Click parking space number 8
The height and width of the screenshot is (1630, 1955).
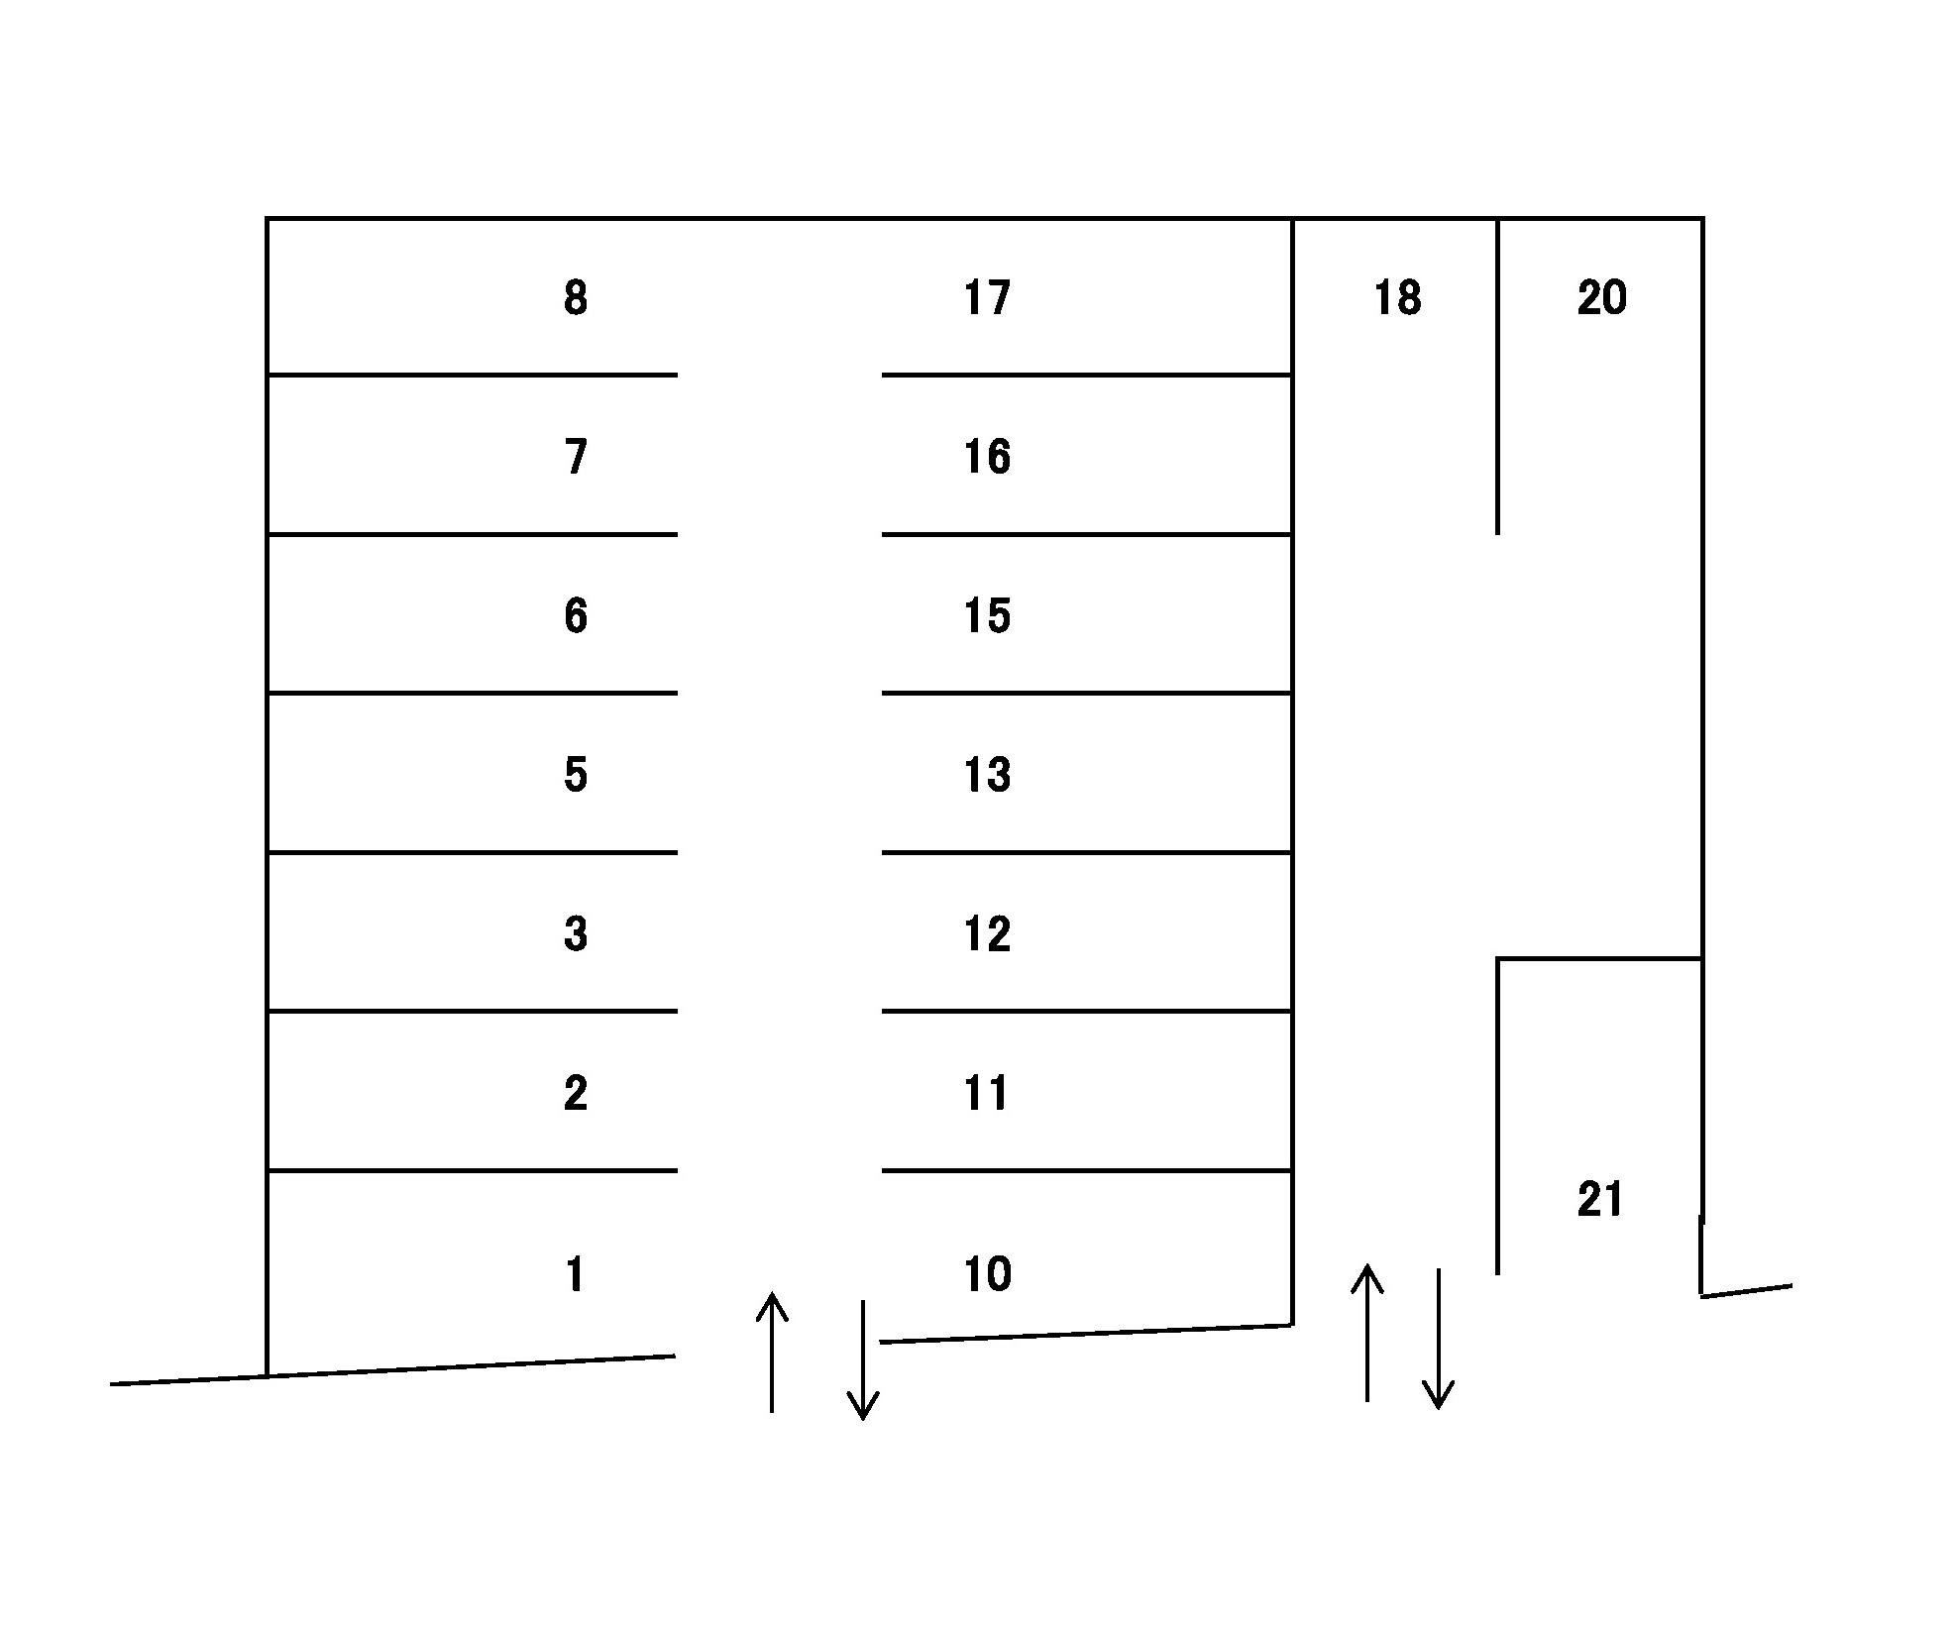575,297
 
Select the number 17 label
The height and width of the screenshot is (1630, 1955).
987,297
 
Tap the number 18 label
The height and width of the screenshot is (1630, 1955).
1397,297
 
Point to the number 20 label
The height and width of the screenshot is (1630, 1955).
1601,297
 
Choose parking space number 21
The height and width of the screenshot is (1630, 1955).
1599,1199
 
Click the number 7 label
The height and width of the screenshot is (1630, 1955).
576,457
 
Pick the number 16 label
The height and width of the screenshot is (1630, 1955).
987,457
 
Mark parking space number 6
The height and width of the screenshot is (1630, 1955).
576,615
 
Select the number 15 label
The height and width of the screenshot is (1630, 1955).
987,615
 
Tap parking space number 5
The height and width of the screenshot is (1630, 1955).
576,774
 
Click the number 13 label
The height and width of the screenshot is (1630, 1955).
987,774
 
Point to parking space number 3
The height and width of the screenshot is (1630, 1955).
576,933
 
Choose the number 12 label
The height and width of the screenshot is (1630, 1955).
987,933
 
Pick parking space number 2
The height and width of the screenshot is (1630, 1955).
576,1093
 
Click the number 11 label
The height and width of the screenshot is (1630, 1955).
987,1093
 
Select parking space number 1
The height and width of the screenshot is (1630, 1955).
575,1274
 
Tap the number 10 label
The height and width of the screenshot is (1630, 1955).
987,1274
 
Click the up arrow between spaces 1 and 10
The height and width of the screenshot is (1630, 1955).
772,1353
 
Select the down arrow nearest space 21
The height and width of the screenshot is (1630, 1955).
1438,1338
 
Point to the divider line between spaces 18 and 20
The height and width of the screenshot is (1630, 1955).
1497,377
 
